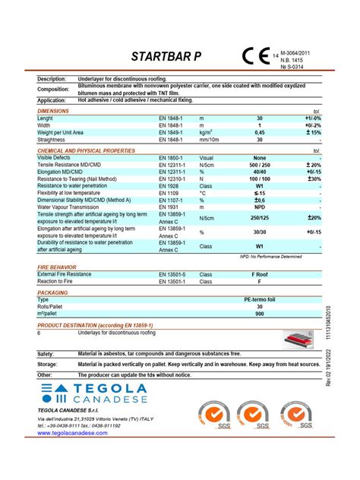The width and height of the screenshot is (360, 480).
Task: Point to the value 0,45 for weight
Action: coord(259,133)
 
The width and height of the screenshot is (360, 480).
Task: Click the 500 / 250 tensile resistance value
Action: coord(259,165)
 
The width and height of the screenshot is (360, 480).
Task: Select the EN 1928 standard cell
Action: coord(168,185)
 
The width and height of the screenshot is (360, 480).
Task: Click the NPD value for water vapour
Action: coord(259,207)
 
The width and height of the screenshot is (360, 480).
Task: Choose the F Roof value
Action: coord(259,273)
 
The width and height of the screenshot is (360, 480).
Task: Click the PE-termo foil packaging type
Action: coord(259,299)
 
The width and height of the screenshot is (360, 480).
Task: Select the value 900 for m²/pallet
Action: coord(259,313)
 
